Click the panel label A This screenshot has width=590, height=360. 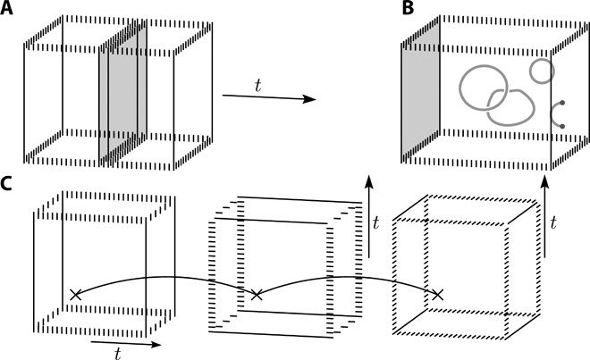[7, 11]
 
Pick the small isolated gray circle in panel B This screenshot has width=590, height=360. [542, 69]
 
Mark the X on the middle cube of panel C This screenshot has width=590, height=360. [257, 294]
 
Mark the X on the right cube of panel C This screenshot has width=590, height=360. [438, 294]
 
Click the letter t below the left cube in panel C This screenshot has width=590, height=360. [118, 353]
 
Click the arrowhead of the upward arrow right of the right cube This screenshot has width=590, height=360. [545, 182]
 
